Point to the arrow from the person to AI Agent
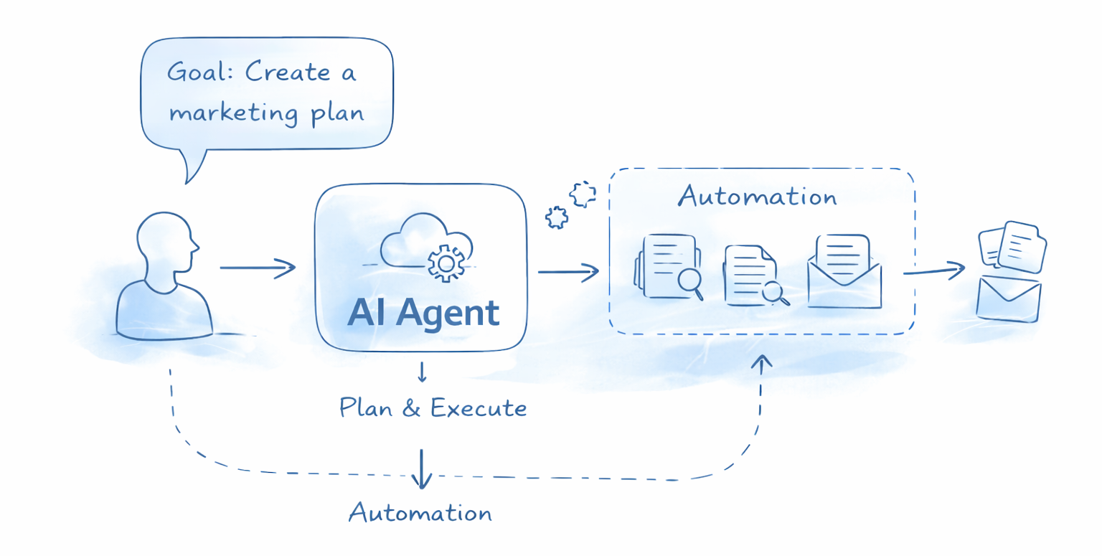258,268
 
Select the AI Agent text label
423,312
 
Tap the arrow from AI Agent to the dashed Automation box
568,271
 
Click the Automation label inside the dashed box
758,196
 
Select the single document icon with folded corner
746,274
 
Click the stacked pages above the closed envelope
1012,245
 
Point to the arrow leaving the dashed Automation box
933,271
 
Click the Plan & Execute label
433,408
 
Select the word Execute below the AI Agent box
479,408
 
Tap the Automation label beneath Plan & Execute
420,513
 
